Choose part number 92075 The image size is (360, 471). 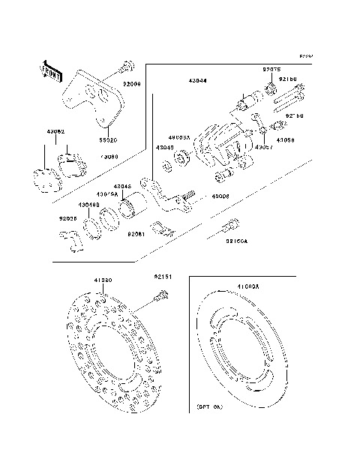pos(270,70)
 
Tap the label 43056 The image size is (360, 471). pos(285,139)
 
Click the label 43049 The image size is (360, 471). pos(164,148)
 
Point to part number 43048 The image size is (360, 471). pos(123,186)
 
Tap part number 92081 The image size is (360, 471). pos(136,235)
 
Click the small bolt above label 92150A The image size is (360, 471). pos(232,223)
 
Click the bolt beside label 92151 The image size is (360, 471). pos(160,298)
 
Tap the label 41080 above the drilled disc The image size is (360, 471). pos(103,280)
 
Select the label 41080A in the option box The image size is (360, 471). pos(247,287)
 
